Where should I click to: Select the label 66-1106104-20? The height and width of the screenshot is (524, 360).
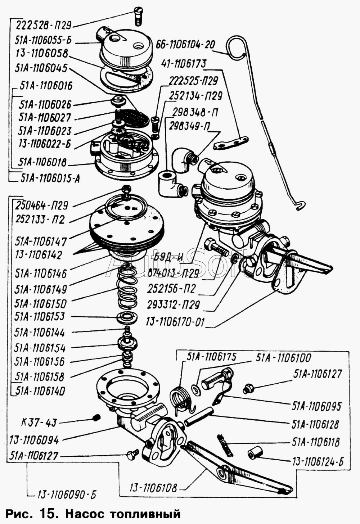coord(185,45)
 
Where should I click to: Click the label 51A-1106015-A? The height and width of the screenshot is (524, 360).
coord(50,178)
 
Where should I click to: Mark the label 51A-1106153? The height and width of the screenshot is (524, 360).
coord(40,317)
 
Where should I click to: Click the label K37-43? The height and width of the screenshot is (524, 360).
coord(39,423)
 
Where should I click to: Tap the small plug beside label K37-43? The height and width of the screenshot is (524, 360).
coord(95,417)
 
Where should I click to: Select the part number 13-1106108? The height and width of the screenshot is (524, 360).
coord(153,488)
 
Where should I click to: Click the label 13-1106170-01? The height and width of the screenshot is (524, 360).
coord(175,322)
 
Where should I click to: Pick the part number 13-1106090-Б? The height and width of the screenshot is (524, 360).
coord(67,495)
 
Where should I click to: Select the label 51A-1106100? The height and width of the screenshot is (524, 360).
coord(284,358)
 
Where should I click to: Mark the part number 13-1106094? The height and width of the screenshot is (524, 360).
coord(34,440)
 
